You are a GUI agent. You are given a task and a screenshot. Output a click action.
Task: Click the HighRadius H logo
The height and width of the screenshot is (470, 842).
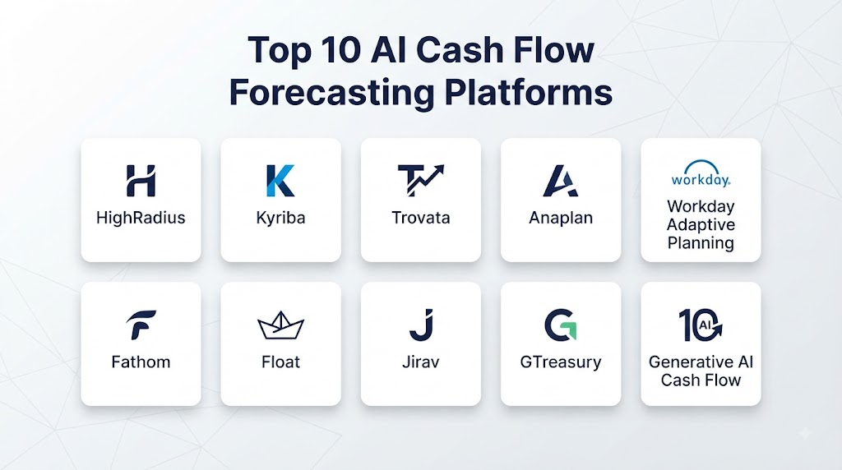141,180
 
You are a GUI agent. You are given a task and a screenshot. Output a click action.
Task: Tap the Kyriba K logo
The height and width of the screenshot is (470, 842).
280,180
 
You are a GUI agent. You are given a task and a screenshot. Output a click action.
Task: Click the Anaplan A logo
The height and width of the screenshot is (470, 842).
561,180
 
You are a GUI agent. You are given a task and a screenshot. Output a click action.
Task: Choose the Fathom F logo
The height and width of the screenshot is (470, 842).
141,325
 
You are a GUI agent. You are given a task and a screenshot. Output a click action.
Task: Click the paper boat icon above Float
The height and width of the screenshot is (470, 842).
281,325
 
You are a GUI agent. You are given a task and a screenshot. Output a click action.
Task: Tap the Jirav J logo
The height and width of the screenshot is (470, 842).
421,325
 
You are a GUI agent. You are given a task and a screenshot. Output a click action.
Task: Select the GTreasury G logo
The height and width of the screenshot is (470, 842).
561,325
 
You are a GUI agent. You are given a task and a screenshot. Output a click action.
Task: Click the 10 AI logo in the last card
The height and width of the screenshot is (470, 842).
701,325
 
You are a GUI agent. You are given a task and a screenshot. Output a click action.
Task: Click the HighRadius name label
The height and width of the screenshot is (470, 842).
141,218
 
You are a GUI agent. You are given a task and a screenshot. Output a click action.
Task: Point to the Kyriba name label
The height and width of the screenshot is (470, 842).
280,218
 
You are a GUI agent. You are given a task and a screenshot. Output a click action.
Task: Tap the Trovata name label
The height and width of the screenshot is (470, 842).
420,218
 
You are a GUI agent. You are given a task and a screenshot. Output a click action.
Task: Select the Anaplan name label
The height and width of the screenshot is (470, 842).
561,218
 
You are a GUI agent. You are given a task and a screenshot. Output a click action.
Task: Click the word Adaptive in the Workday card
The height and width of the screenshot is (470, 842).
701,225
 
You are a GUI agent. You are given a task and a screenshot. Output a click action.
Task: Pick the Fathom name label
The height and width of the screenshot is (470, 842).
141,362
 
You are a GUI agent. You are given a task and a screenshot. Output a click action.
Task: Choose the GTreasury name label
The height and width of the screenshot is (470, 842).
561,362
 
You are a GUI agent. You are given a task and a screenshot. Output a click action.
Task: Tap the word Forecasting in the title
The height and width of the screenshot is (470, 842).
331,93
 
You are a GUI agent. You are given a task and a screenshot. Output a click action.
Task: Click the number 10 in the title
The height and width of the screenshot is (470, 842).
341,50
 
